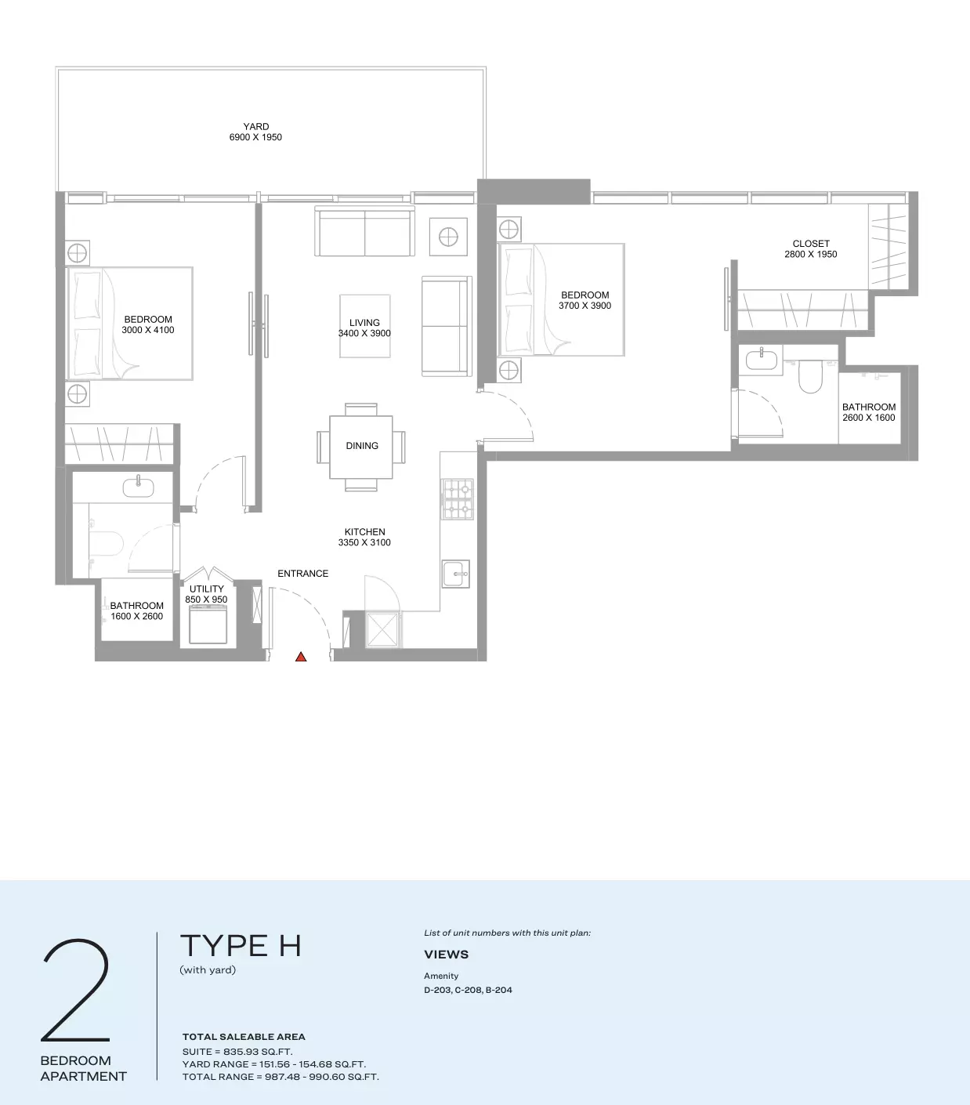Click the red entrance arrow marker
301,658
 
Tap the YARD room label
255,126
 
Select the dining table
361,447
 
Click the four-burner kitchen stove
458,499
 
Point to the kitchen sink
456,574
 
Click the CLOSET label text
811,244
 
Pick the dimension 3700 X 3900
585,306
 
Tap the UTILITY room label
207,589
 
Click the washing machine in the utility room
208,625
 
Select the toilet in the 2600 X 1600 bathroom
810,376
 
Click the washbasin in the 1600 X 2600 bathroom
139,487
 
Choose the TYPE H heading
241,946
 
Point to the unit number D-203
436,990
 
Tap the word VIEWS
446,955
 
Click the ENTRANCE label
302,574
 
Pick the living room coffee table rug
365,326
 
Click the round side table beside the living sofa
448,237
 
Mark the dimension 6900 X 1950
255,137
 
